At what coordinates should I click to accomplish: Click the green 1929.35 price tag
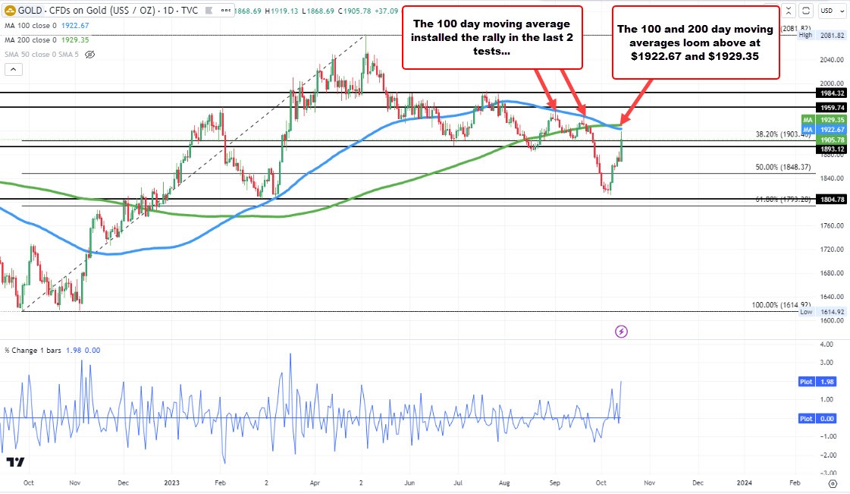tap(832, 120)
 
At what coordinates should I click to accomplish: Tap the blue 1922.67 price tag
tap(832, 130)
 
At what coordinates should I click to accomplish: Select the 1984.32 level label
tap(832, 93)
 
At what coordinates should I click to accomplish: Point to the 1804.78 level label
tap(832, 199)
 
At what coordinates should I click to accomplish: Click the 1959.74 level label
tap(832, 108)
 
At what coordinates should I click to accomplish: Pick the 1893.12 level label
tap(832, 149)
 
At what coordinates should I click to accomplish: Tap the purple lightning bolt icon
tap(622, 331)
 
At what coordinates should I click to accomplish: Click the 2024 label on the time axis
tap(745, 482)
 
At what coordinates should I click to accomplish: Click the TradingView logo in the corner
tap(15, 461)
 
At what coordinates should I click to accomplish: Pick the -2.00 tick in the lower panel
tap(824, 455)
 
